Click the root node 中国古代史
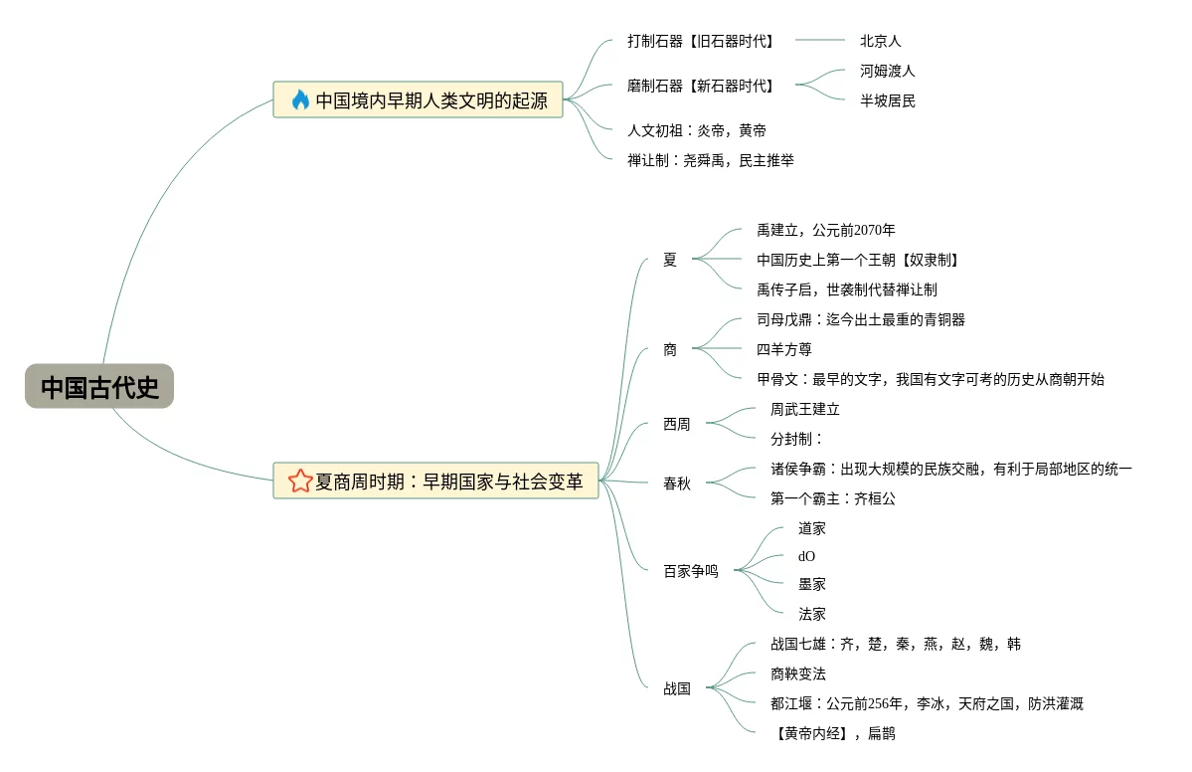point(99,386)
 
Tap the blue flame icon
point(300,99)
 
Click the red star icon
point(300,481)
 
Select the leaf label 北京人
point(880,41)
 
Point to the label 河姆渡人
point(887,71)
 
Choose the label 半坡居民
point(887,100)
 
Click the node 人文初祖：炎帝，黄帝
point(696,130)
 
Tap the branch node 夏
point(670,260)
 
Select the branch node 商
point(670,349)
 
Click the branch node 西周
point(677,424)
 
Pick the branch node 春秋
point(677,482)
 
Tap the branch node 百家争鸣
point(690,570)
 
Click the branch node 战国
point(677,688)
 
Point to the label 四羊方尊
point(783,349)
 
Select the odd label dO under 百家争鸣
point(806,556)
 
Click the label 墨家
point(812,584)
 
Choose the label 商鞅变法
point(798,674)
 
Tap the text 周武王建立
point(805,409)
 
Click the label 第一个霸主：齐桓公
point(833,499)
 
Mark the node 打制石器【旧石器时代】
point(700,41)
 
